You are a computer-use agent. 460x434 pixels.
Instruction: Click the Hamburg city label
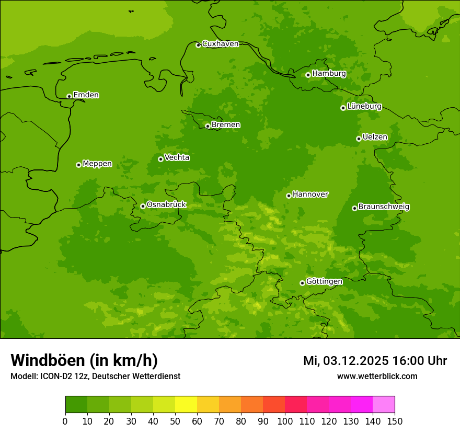[x=329, y=74]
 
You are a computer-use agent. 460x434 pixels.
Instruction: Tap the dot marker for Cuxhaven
[x=198, y=45]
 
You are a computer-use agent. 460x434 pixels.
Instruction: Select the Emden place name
[x=86, y=95]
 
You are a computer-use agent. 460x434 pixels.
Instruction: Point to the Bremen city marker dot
[x=208, y=126]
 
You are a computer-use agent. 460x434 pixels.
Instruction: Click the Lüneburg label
[x=364, y=106]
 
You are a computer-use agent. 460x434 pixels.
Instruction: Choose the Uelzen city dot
[x=359, y=139]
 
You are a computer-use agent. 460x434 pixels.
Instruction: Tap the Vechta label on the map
[x=177, y=157]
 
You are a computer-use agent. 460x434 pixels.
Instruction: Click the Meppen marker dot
[x=78, y=165]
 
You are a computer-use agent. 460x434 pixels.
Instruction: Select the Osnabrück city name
[x=166, y=204]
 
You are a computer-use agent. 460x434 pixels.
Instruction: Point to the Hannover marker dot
[x=289, y=196]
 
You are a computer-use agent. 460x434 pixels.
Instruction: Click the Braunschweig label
[x=384, y=207]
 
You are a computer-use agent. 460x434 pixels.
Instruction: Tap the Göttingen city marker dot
[x=302, y=283]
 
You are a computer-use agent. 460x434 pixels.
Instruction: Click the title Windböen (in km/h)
[x=84, y=361]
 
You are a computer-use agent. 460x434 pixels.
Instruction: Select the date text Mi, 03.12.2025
[x=344, y=361]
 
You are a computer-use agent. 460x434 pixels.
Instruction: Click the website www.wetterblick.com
[x=377, y=376]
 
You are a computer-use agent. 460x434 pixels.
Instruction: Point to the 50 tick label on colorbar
[x=175, y=421]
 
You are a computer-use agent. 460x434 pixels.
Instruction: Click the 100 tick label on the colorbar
[x=285, y=421]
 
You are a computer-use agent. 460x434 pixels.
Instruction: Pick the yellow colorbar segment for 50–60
[x=186, y=405]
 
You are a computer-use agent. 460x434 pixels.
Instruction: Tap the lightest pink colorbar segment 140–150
[x=384, y=405]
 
